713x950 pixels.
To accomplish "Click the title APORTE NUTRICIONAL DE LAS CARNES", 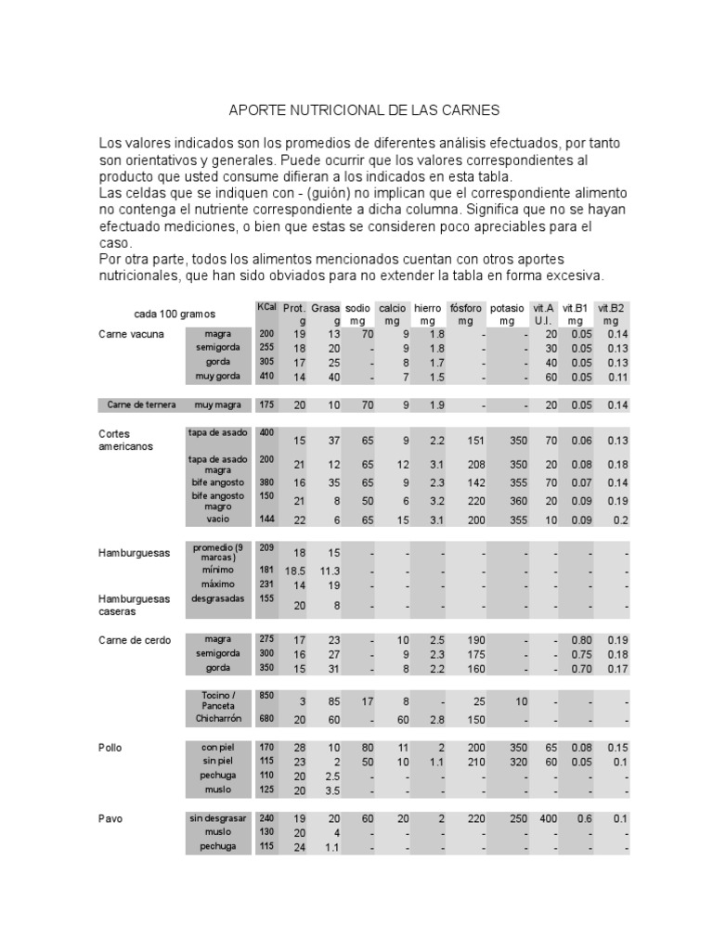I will tap(364, 109).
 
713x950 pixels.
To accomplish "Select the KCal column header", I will tap(266, 307).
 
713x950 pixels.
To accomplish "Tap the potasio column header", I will tap(507, 308).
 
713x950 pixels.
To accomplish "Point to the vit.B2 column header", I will tap(610, 308).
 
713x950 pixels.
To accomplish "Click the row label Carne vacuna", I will tap(131, 334).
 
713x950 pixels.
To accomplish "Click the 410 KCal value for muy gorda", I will tap(266, 377).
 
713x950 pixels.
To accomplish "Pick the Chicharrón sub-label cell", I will tap(218, 718).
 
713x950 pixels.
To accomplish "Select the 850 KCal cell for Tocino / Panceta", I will tap(266, 695).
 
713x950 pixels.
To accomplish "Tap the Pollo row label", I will tap(110, 747).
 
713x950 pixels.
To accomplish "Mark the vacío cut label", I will tap(218, 520).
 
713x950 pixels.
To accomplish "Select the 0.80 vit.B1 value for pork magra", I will tap(581, 639).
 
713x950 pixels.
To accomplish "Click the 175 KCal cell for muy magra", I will tap(266, 404).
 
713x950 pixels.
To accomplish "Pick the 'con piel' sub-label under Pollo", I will tap(218, 747).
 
